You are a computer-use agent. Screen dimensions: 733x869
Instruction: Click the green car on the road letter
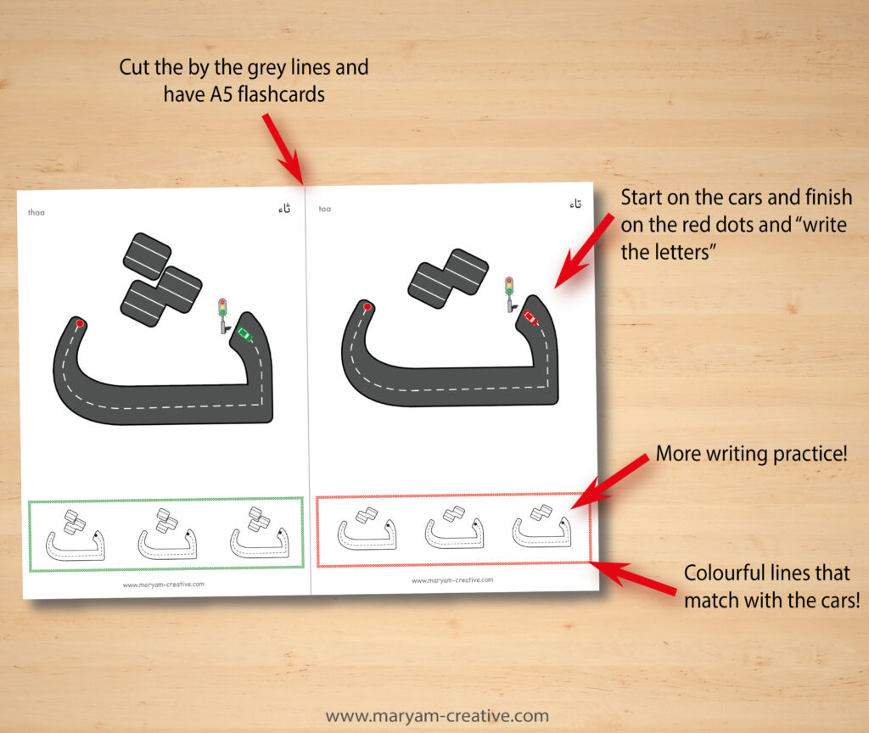(x=244, y=334)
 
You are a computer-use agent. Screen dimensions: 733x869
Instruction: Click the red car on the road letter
(x=530, y=317)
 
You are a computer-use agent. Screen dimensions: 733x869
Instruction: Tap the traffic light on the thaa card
(x=223, y=310)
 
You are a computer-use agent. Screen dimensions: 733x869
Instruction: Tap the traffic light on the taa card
(x=509, y=288)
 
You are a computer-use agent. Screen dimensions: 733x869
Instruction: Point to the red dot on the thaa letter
(x=80, y=323)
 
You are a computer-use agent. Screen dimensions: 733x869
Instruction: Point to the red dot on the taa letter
(x=367, y=306)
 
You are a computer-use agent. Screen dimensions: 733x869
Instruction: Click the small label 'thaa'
(x=36, y=212)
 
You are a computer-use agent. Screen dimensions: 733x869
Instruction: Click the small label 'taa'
(x=325, y=209)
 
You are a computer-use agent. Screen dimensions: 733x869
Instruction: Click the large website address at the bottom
(x=437, y=716)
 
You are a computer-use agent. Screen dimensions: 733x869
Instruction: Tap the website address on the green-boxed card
(x=163, y=584)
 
